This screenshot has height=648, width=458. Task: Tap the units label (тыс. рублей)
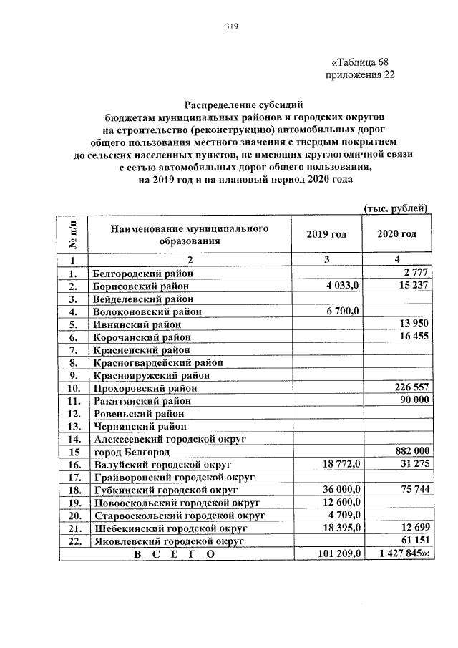(x=396, y=208)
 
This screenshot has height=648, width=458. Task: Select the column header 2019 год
(x=326, y=234)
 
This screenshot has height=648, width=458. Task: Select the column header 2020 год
(x=396, y=234)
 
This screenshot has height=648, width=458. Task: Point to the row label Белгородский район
(x=142, y=273)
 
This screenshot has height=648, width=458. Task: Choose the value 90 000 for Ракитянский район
(x=413, y=401)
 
